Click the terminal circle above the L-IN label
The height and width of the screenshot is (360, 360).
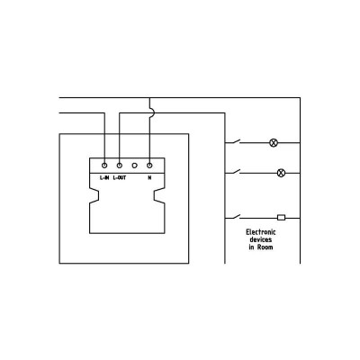tap(104, 166)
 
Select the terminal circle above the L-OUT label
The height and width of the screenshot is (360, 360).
tap(120, 166)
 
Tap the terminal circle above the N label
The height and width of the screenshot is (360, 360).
tap(149, 166)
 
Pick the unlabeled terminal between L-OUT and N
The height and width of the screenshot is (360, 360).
tap(134, 166)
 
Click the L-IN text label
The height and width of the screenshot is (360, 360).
tap(104, 178)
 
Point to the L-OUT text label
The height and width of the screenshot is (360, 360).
tap(120, 178)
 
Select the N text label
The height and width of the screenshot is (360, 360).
tap(149, 178)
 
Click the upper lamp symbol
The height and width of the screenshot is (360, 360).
tap(274, 143)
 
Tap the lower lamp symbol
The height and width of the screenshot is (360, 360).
tap(281, 173)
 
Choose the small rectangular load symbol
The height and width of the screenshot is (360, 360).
tap(281, 218)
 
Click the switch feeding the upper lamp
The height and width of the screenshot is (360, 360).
tap(233, 141)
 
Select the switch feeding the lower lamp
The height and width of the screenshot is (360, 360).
tap(233, 172)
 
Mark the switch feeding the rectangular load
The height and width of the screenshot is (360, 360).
tap(233, 217)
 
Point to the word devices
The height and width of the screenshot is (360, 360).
tap(261, 239)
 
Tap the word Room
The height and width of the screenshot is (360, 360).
tap(265, 247)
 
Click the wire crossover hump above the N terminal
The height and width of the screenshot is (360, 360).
tap(153, 113)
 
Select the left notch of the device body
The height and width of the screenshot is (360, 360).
tap(94, 195)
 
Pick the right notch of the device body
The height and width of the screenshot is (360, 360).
tap(159, 195)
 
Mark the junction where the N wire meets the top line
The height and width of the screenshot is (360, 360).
tap(149, 98)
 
